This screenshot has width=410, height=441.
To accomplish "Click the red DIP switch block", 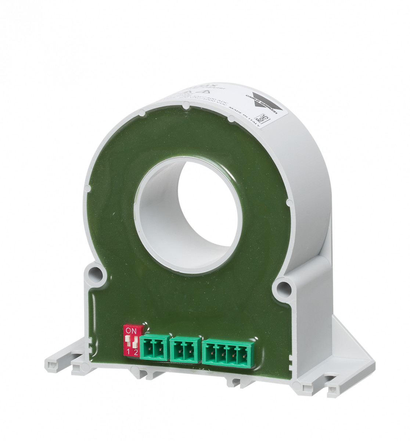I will pyautogui.click(x=132, y=340).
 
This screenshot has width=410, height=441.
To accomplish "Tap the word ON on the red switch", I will pyautogui.click(x=131, y=331).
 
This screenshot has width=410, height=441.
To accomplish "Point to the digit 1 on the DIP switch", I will pyautogui.click(x=128, y=352).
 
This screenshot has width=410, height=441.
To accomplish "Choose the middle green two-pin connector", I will pyautogui.click(x=186, y=349).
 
